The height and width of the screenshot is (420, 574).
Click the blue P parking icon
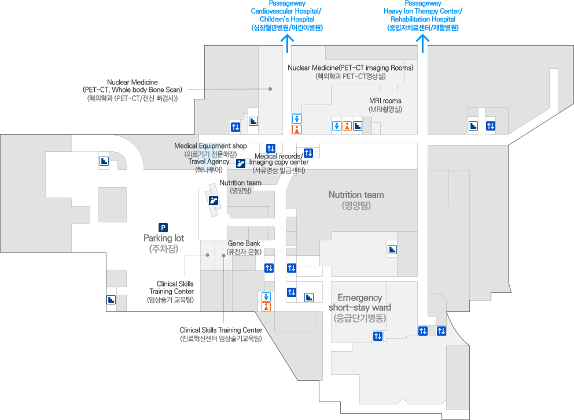163,228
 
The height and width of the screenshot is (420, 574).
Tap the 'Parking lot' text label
163,244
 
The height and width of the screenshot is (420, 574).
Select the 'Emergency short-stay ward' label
359,307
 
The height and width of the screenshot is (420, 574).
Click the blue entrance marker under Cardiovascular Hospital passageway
287,40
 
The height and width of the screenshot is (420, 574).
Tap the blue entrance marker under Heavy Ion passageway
423,40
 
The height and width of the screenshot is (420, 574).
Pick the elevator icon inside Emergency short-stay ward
378,336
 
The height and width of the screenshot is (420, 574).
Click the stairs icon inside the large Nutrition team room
392,250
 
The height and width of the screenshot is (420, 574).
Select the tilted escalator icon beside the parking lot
214,200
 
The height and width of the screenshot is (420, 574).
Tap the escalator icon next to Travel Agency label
241,163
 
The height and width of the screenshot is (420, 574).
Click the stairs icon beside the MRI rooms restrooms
358,125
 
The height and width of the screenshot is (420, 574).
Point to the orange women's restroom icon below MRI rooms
347,125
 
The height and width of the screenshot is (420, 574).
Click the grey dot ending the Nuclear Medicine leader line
270,89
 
